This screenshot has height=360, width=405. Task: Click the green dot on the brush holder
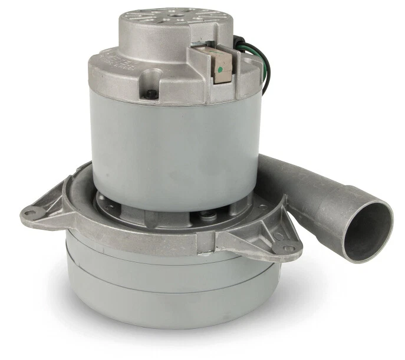219,69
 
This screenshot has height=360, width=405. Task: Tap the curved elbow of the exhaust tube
295,177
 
